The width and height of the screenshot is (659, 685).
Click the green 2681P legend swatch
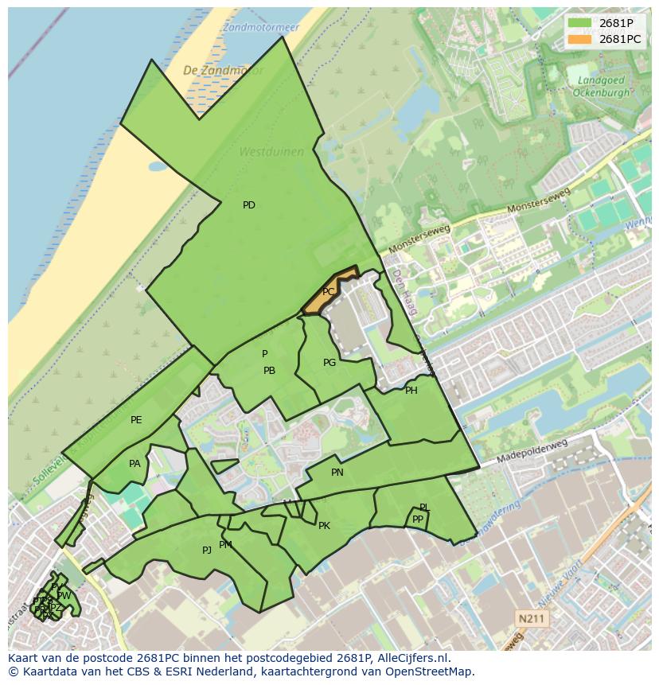click(x=580, y=23)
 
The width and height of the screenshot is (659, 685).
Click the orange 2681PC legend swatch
click(x=580, y=39)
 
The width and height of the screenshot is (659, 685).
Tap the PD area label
click(x=249, y=205)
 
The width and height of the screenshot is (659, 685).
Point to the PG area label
click(x=329, y=363)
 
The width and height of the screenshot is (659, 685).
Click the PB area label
click(x=269, y=371)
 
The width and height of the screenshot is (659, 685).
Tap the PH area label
click(x=411, y=391)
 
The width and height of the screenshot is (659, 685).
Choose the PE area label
click(x=136, y=420)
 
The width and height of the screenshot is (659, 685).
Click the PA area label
click(x=135, y=464)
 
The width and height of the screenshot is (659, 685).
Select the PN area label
click(x=337, y=473)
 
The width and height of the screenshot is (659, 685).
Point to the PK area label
click(x=324, y=526)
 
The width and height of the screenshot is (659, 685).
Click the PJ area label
click(x=207, y=550)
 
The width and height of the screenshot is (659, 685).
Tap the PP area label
click(x=418, y=520)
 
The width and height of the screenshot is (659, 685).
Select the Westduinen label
click(x=261, y=151)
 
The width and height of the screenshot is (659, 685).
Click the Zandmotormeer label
click(x=261, y=27)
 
